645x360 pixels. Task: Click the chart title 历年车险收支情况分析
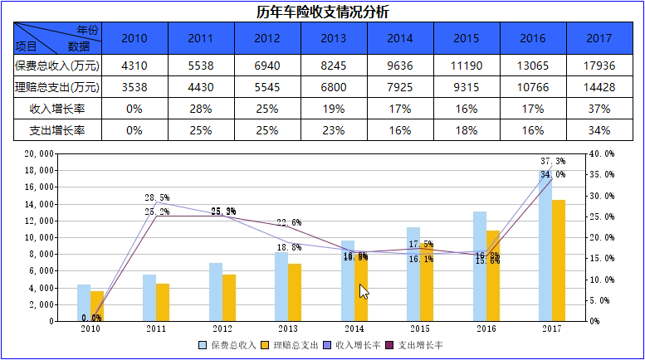(322, 12)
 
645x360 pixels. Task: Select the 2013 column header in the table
(333, 38)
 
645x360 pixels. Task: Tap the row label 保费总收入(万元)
(56, 65)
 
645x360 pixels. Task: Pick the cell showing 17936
(599, 65)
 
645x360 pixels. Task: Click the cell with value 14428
(599, 86)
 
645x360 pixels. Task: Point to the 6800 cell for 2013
(333, 86)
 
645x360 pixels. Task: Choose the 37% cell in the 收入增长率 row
(599, 108)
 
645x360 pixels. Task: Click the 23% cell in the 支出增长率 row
(333, 130)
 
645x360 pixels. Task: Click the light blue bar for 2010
(84, 303)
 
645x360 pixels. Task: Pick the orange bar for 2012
(229, 297)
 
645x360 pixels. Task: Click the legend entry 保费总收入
(227, 345)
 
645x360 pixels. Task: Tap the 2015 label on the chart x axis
(420, 329)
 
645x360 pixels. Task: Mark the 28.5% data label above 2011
(157, 198)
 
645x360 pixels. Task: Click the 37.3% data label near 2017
(553, 161)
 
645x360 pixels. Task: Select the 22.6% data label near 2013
(289, 223)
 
